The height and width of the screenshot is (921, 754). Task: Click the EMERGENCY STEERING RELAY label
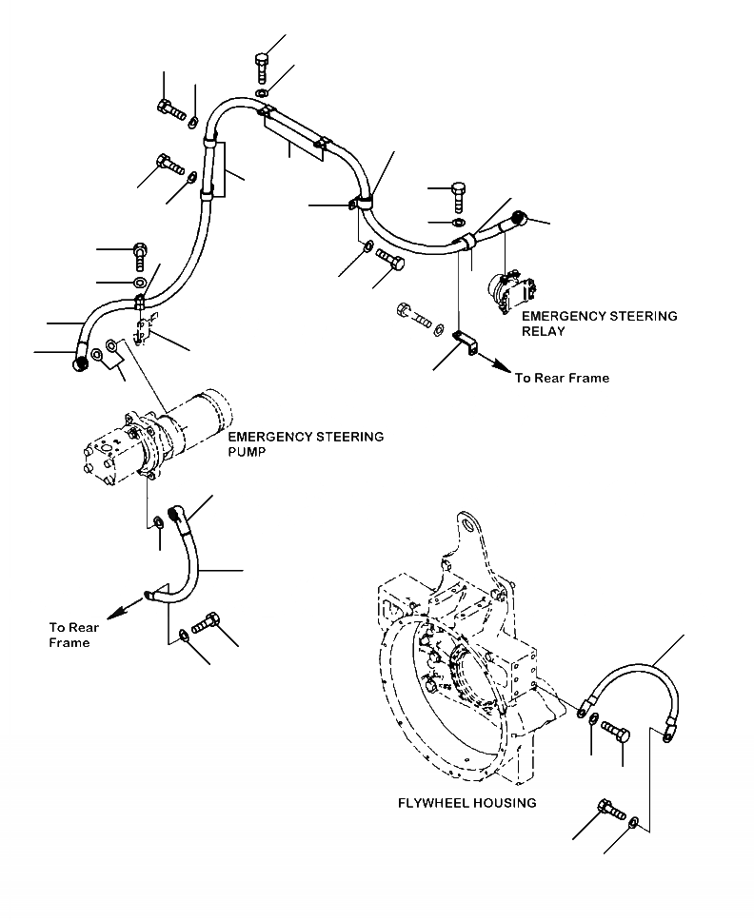point(599,323)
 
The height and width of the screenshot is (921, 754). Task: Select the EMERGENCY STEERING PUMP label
point(306,444)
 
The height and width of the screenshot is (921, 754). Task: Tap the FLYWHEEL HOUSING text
point(466,803)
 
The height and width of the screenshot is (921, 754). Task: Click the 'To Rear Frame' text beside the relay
point(562,378)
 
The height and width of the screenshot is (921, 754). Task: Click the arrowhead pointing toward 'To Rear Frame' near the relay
point(502,364)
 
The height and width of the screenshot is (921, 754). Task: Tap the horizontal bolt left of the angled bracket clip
point(414,314)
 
